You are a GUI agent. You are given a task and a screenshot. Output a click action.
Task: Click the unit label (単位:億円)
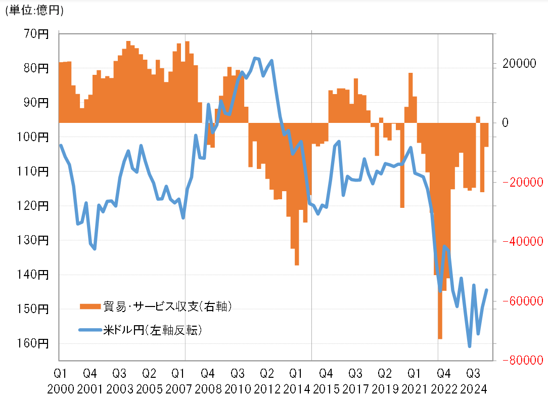click(34, 10)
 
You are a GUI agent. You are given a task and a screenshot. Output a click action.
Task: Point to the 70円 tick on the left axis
click(36, 34)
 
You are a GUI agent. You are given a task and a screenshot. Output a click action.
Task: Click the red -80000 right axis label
click(518, 360)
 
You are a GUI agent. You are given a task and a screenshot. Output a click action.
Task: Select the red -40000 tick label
click(518, 242)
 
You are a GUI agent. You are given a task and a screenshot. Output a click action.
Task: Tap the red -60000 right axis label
click(518, 301)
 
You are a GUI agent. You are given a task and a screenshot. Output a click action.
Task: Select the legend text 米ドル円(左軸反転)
click(153, 331)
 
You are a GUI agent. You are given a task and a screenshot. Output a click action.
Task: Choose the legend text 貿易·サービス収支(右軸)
click(167, 306)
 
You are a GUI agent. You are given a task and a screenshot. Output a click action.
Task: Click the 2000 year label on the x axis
click(61, 388)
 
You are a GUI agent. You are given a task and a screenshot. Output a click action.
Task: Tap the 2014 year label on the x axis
click(295, 388)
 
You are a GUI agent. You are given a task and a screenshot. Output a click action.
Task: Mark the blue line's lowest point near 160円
click(470, 346)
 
